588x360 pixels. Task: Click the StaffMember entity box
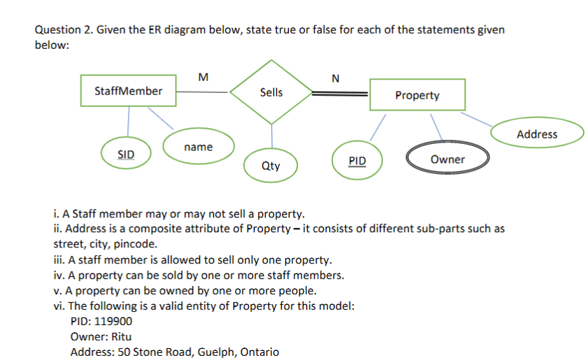(x=128, y=91)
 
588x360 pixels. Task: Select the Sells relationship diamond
(x=271, y=92)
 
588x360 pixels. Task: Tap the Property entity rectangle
(x=417, y=95)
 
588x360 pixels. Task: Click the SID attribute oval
(x=127, y=153)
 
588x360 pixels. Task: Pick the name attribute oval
(x=199, y=147)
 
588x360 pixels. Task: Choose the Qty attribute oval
(x=271, y=166)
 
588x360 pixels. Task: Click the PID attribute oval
(x=357, y=161)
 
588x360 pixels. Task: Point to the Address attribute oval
(x=537, y=134)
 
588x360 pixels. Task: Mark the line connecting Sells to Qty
(x=271, y=136)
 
